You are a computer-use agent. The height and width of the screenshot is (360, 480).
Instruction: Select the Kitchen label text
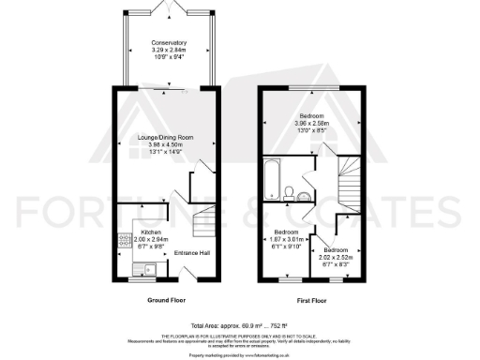151,231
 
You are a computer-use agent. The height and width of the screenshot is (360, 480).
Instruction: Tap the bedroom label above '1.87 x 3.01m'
286,231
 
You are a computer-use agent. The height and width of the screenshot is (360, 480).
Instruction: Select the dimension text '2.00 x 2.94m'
151,238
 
